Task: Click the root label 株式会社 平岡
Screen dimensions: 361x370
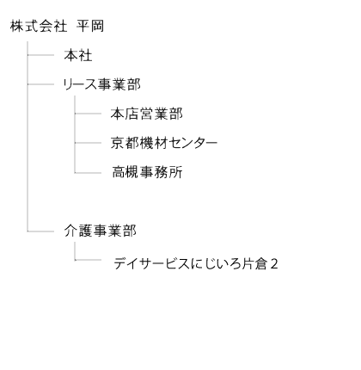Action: point(57,26)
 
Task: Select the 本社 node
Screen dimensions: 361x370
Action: point(78,55)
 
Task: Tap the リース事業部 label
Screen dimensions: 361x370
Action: point(101,84)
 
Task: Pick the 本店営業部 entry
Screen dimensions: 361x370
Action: point(146,114)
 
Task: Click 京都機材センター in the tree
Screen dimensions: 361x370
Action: point(164,143)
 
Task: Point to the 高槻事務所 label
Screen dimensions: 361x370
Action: point(147,172)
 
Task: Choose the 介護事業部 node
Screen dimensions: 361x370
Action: point(100,231)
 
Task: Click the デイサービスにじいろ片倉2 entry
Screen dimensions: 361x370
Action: point(196,263)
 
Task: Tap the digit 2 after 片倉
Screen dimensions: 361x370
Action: point(274,264)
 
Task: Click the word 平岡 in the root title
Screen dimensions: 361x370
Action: point(90,26)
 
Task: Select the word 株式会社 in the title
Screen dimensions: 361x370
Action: point(39,26)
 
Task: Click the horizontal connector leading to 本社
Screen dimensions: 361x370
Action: point(40,55)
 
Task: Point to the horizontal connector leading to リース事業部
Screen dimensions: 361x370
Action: point(40,84)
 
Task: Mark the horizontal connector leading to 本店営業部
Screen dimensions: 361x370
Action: point(88,114)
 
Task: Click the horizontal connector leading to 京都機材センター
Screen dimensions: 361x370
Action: point(88,143)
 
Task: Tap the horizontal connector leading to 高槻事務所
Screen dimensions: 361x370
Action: point(88,173)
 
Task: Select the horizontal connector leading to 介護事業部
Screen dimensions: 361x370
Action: point(40,231)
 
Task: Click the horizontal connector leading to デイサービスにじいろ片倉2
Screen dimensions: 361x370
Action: point(88,260)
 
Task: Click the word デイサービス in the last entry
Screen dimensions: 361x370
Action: point(151,263)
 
